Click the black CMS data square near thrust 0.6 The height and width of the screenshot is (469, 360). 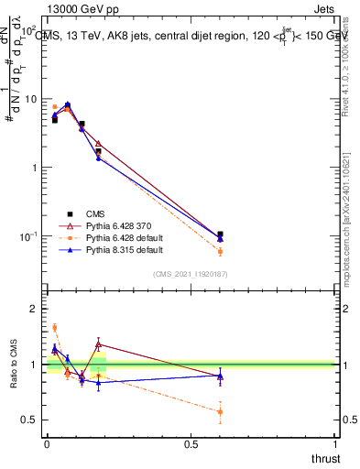coord(220,234)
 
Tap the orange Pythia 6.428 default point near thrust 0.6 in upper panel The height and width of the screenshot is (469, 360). coord(220,251)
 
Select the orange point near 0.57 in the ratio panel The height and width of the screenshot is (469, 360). coord(220,411)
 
